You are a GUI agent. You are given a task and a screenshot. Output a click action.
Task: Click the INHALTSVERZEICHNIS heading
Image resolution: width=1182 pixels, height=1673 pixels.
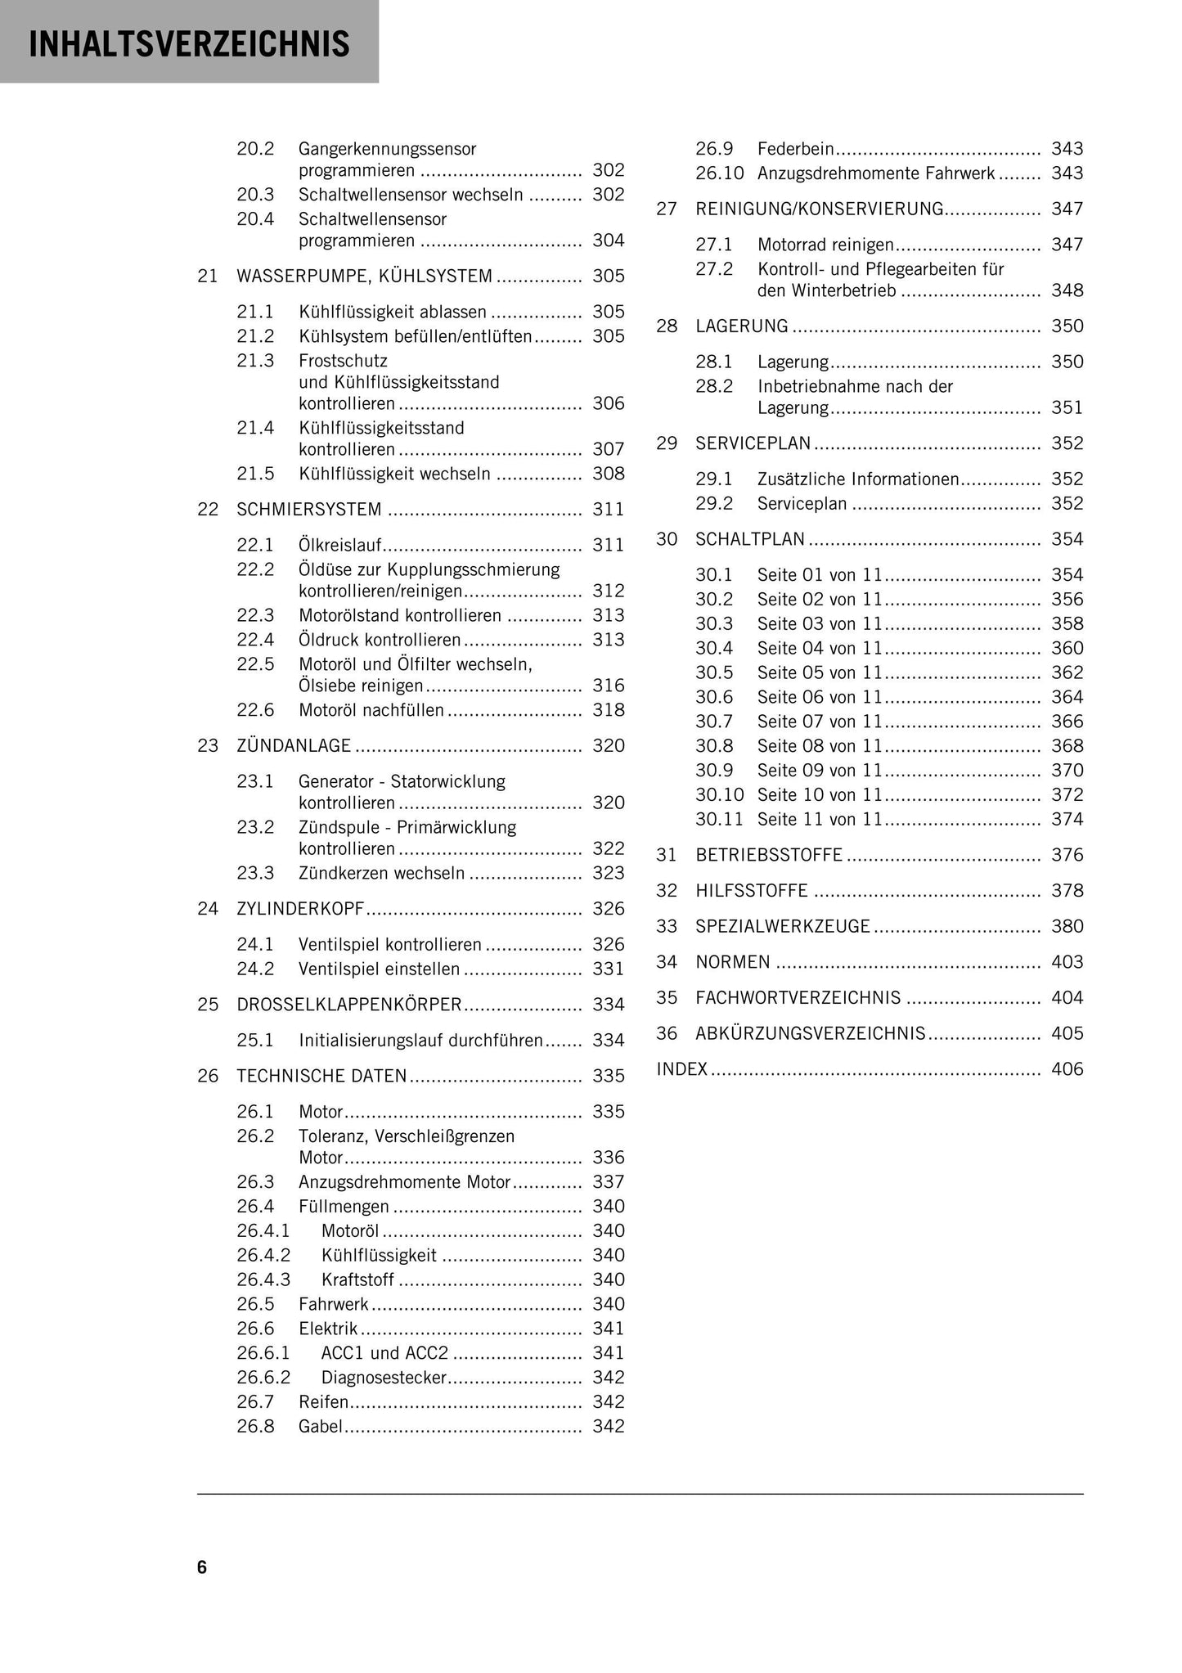click(x=189, y=43)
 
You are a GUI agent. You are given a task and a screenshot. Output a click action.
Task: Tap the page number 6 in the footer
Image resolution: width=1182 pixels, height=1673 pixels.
click(x=202, y=1567)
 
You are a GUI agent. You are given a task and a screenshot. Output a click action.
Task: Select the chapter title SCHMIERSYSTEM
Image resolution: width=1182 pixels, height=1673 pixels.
click(x=309, y=510)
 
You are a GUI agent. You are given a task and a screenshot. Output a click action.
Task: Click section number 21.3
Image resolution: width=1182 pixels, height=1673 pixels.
click(x=255, y=361)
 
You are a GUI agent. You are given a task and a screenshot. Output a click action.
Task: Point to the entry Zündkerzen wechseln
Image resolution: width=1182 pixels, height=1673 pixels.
click(x=381, y=874)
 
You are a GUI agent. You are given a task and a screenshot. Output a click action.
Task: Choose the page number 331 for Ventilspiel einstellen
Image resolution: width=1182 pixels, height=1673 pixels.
click(x=608, y=969)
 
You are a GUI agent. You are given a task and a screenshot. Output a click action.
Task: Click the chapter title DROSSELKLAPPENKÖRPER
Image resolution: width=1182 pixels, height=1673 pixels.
click(x=349, y=1005)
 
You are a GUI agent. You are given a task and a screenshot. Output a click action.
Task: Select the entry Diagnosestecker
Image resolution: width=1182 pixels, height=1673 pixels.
click(x=384, y=1378)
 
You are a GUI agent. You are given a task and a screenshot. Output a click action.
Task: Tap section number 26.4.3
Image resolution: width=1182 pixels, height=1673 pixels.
click(x=263, y=1279)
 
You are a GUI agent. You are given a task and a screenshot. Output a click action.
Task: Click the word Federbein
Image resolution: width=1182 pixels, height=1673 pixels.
click(x=795, y=150)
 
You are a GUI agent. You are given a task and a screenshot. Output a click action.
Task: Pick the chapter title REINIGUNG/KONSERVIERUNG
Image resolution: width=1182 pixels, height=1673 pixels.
click(x=820, y=209)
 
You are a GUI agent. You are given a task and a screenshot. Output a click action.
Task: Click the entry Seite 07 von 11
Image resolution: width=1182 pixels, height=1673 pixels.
click(x=820, y=722)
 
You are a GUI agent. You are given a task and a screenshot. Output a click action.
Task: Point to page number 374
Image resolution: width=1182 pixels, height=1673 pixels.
click(x=1067, y=820)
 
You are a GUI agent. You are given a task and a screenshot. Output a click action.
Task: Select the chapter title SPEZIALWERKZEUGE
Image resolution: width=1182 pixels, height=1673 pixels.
click(x=783, y=927)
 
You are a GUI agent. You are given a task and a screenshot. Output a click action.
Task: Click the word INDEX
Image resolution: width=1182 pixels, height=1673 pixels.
click(x=682, y=1069)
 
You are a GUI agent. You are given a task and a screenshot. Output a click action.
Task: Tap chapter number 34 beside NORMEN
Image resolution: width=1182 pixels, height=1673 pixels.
click(x=667, y=962)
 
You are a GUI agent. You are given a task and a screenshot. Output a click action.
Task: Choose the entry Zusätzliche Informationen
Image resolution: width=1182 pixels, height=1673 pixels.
click(x=858, y=479)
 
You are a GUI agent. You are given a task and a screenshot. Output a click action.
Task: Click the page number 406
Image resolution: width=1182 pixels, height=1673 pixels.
click(x=1067, y=1069)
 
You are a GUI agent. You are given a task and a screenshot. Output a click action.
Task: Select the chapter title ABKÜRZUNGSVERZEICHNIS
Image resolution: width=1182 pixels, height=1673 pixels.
click(x=810, y=1034)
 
